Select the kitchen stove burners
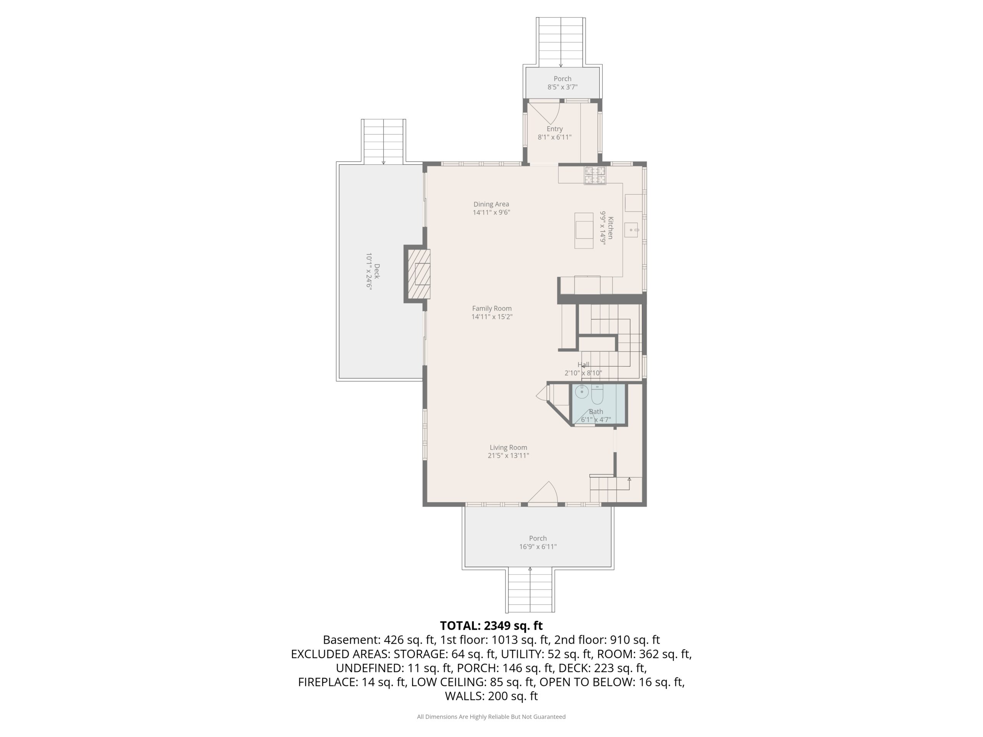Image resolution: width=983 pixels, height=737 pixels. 594,175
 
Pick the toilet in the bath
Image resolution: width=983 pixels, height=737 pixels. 597,394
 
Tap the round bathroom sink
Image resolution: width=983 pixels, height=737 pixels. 582,392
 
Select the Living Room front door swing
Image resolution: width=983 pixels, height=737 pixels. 543,493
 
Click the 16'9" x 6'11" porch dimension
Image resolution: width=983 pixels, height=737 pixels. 538,547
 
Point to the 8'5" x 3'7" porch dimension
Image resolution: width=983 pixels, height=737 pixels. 562,87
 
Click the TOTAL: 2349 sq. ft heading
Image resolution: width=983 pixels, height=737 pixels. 491,626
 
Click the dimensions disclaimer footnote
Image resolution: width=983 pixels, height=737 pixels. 491,717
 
